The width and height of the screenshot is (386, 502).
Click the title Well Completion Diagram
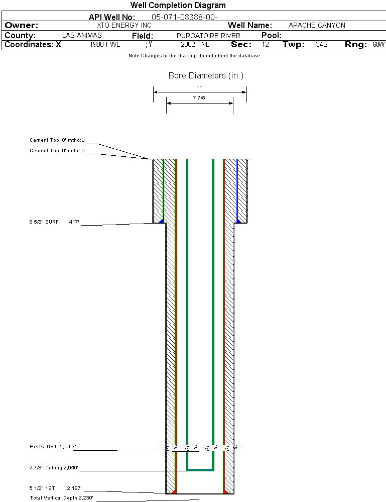point(178,6)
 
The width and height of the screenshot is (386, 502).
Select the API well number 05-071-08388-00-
point(184,18)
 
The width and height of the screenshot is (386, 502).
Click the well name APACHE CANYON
point(317,26)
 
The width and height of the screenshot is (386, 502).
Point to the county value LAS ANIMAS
point(82,36)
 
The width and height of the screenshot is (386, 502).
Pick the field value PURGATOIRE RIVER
point(208,36)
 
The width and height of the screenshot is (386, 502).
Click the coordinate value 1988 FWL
point(105,45)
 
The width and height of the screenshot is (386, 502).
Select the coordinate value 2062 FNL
point(195,45)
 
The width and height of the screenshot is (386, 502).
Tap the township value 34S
point(322,45)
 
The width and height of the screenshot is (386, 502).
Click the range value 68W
point(378,45)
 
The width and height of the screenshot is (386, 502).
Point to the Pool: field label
point(272,36)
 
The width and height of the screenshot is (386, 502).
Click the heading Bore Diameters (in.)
point(206,76)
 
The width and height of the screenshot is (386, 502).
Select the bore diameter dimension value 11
point(199,87)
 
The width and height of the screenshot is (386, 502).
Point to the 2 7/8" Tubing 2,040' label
point(54,468)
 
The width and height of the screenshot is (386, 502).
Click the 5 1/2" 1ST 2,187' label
point(55,488)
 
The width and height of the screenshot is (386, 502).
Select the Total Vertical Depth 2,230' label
point(61,498)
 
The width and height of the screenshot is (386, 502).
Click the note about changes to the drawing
point(194,56)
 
